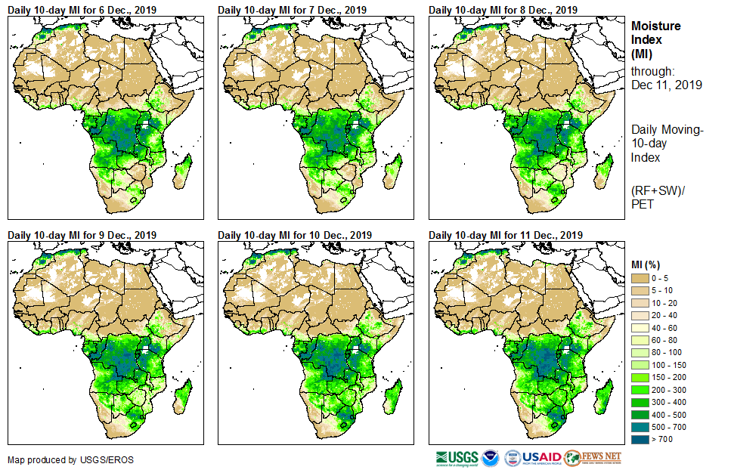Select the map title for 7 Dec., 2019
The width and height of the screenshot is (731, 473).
pos(293,9)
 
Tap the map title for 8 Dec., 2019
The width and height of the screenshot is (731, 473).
pos(503,9)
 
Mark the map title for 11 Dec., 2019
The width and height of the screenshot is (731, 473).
pos(506,235)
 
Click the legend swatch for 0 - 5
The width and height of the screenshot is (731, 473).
pos(641,279)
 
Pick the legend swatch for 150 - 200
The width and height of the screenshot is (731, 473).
pos(641,376)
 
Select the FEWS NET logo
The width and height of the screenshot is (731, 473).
pos(594,458)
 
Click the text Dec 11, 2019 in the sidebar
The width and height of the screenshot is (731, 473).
pos(666,85)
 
